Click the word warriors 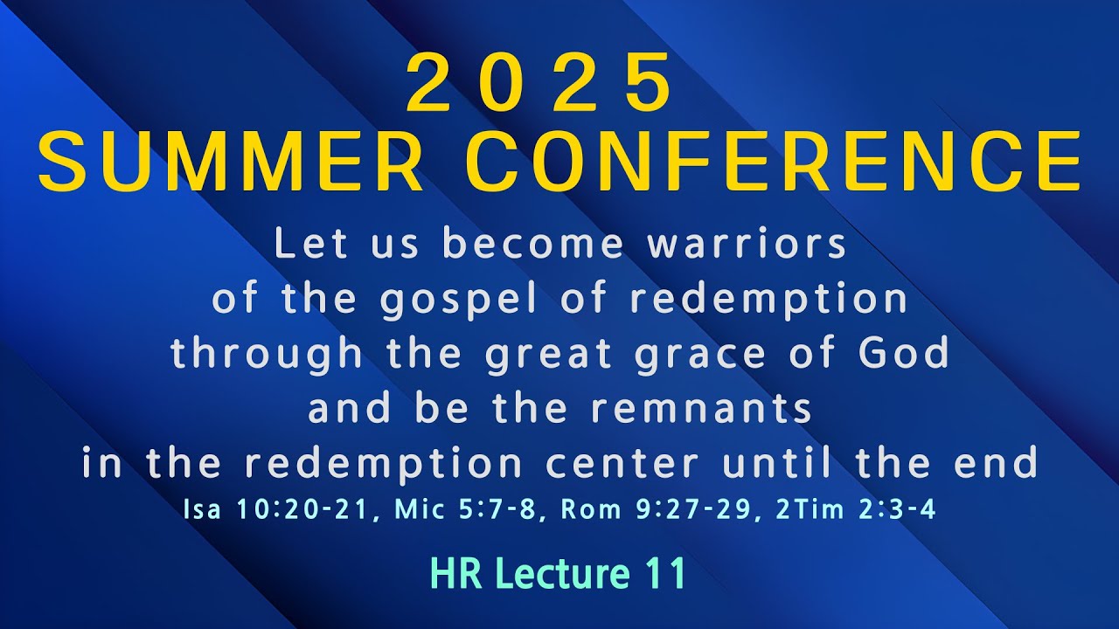[x=747, y=245]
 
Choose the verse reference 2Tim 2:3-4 [x=856, y=510]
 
